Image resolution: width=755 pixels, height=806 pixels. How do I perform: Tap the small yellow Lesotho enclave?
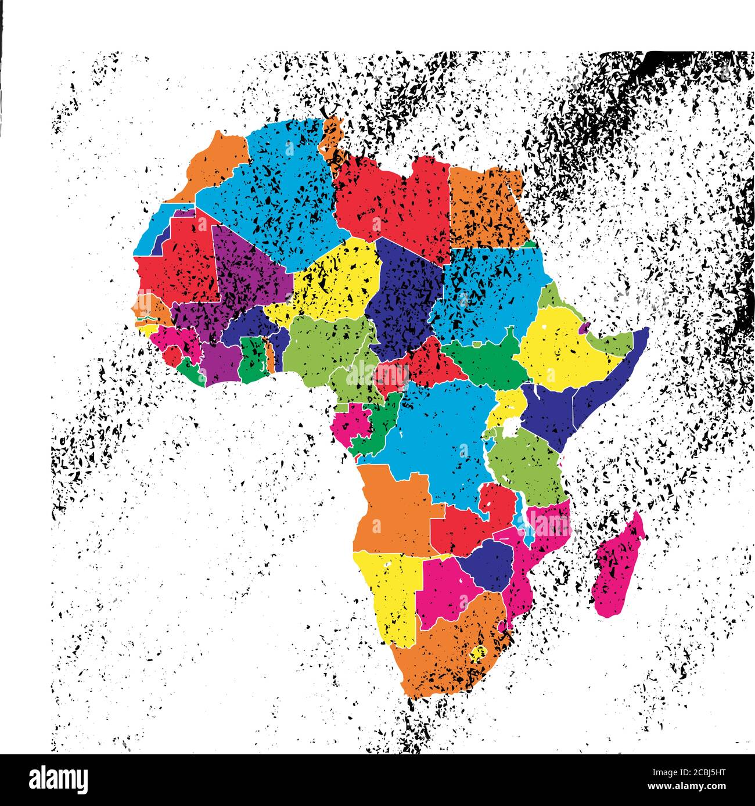(x=479, y=654)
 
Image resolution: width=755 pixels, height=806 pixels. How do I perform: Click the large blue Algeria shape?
(x=273, y=186)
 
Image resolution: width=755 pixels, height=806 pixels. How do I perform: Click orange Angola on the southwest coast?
(x=395, y=511)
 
